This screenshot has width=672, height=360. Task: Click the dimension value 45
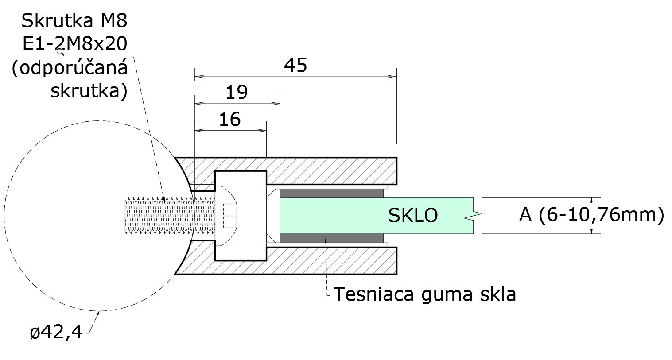(295, 66)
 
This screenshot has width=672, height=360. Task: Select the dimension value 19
(237, 92)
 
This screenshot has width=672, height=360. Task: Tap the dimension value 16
(230, 119)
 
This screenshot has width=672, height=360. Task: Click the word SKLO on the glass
(413, 215)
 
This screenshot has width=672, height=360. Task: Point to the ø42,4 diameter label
(56, 333)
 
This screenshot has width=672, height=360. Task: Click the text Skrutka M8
(74, 21)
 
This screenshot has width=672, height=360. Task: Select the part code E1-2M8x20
(75, 44)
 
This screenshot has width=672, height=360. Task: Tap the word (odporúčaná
(70, 68)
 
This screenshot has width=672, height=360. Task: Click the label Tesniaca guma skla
(424, 294)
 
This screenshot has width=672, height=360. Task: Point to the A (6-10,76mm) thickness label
(592, 215)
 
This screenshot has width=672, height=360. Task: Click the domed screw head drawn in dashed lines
(228, 216)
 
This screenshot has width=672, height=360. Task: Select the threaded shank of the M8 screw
(170, 216)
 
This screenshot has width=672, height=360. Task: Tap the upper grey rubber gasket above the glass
(331, 193)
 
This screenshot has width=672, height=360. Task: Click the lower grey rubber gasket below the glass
(331, 238)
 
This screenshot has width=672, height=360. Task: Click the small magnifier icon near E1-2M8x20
(60, 52)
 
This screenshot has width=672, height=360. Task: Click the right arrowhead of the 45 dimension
(392, 77)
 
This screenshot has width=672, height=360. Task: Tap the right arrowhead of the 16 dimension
(262, 131)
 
